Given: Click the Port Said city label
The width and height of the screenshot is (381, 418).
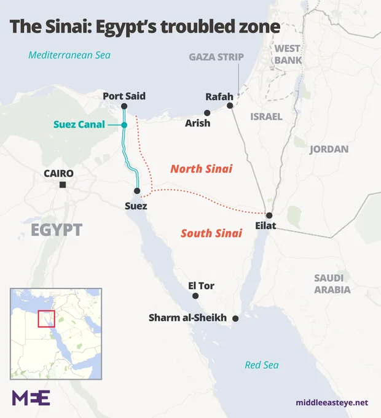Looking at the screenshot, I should click(124, 96).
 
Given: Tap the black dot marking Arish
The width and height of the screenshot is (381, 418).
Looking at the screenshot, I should click(207, 112).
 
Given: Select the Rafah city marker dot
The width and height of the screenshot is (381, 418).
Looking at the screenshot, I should click(230, 106).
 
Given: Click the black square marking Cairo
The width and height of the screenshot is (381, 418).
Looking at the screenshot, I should click(63, 185).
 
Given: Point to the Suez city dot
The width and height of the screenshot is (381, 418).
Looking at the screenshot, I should click(137, 191).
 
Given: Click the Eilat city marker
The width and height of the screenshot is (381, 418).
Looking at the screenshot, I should click(269, 215).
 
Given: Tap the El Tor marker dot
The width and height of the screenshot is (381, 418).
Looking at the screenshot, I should click(195, 296).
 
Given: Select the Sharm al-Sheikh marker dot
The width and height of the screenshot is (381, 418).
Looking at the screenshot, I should click(235, 319).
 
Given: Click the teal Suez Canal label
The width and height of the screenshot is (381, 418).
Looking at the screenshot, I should click(79, 125).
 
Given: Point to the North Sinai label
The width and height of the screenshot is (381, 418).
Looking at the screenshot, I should click(201, 168).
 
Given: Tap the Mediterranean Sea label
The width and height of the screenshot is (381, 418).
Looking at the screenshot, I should click(69, 55).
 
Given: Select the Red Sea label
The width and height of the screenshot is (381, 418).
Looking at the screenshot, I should click(262, 365).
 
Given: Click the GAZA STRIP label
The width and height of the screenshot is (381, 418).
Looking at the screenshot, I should click(216, 57).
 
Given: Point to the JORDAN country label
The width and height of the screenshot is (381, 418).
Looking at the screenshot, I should click(329, 149).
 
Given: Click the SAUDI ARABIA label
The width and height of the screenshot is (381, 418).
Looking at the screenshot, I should click(332, 284).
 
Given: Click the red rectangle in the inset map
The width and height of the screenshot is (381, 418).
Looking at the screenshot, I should click(47, 319).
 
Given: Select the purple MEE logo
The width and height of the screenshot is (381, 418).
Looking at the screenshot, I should click(31, 397).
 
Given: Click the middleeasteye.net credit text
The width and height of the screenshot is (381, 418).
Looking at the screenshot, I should click(332, 403).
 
